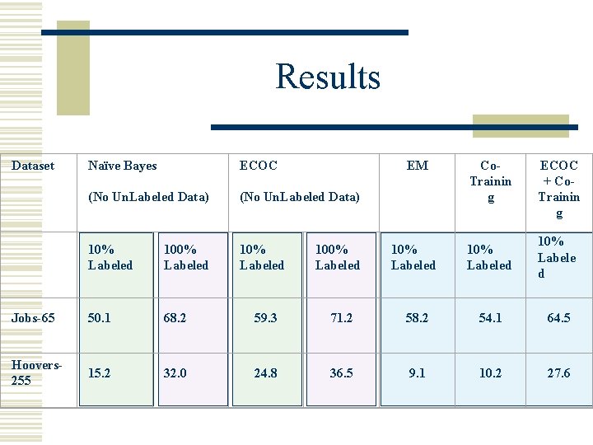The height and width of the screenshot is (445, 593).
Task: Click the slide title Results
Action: click(x=328, y=77)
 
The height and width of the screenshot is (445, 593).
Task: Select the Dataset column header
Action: click(x=33, y=166)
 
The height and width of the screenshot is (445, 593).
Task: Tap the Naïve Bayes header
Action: click(x=122, y=166)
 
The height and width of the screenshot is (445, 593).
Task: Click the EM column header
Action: click(x=418, y=166)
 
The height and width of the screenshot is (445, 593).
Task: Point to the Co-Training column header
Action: click(x=490, y=181)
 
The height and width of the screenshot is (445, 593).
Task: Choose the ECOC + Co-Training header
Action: click(x=558, y=189)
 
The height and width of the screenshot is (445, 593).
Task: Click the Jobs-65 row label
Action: click(x=34, y=317)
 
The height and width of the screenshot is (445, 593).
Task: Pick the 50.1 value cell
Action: click(x=100, y=317)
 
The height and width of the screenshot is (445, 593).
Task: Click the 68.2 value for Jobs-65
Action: click(x=175, y=317)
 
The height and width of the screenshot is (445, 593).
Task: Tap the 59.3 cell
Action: click(x=265, y=317)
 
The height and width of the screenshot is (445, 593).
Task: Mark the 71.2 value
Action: click(x=341, y=317)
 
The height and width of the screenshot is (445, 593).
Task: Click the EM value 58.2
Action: click(x=417, y=317)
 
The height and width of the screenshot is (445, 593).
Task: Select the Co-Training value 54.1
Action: click(x=490, y=317)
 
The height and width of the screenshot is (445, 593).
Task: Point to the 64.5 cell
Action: click(x=558, y=317)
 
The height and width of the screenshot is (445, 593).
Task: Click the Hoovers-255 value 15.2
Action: click(x=100, y=372)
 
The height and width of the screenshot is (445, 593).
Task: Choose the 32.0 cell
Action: click(x=175, y=372)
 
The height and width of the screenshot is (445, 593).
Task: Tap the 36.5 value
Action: click(x=341, y=372)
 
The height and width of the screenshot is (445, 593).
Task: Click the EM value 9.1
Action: click(x=417, y=372)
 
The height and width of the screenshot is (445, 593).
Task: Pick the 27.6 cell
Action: click(x=558, y=372)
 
